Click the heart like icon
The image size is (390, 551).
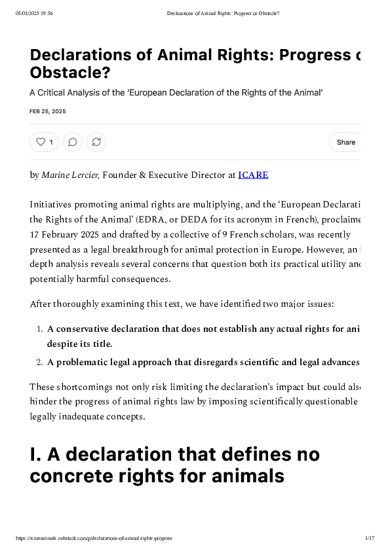pos(41,142)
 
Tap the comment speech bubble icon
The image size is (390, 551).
pos(73,142)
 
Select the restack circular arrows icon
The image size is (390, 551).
pos(96,142)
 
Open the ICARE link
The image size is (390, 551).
pos(253,175)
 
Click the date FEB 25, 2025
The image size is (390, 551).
pos(48,111)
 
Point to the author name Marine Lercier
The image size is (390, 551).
pos(70,175)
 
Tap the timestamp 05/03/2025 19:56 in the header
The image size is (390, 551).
pos(34,13)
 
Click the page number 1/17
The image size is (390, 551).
pos(369,538)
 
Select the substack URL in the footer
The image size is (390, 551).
pos(94,538)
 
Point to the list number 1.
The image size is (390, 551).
pos(39,329)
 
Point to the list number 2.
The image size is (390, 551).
pos(39,362)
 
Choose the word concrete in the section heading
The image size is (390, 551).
pos(75,476)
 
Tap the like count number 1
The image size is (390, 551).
pos(51,142)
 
